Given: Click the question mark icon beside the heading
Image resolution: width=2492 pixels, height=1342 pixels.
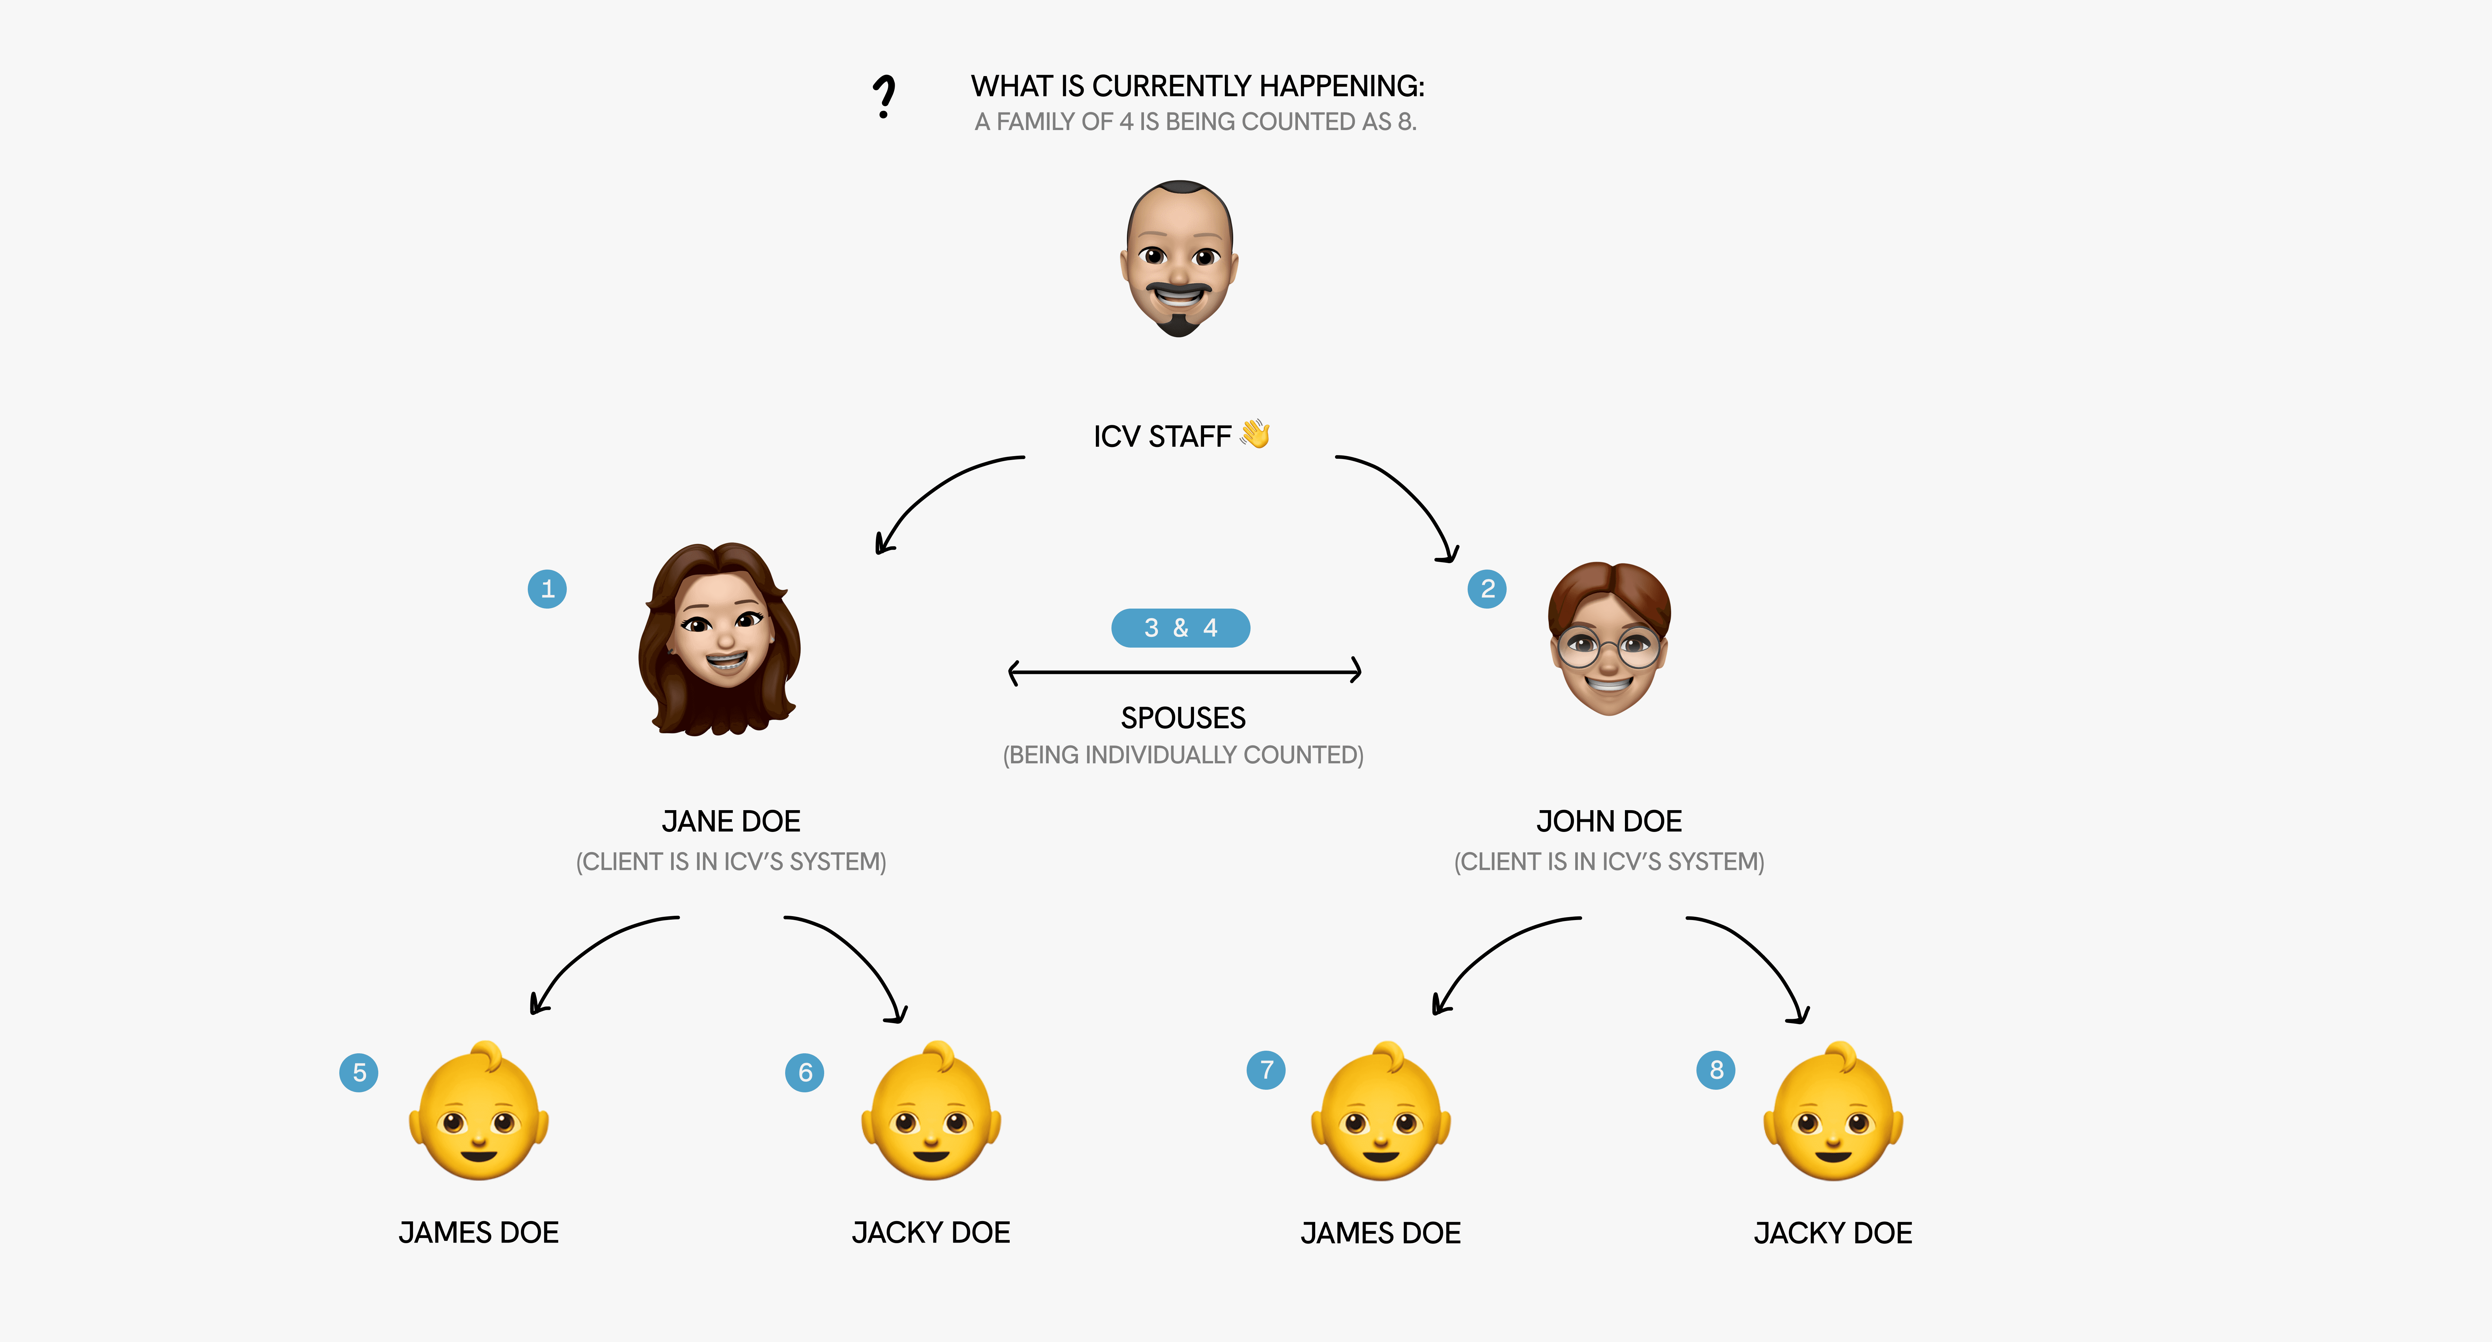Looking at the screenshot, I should point(883,97).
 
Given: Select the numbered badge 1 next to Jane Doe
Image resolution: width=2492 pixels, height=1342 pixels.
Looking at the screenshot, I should point(548,588).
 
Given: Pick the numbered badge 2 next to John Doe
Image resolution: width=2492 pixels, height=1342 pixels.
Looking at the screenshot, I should point(1487,588).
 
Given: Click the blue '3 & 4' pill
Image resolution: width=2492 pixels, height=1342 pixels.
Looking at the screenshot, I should point(1180,628).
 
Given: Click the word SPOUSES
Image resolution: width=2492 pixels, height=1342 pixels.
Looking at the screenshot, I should point(1183,718).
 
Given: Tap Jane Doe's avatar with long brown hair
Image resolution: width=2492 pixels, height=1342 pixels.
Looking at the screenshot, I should point(721,638).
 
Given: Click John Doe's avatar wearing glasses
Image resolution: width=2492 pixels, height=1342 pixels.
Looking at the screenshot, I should point(1609,638).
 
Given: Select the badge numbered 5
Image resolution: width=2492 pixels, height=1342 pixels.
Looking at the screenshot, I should point(359,1072).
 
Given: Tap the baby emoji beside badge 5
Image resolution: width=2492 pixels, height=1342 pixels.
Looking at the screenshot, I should point(479,1113).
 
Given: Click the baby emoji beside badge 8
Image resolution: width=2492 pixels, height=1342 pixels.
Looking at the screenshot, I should point(1833,1113).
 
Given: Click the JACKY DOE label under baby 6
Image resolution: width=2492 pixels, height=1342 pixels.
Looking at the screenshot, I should point(931,1233).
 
